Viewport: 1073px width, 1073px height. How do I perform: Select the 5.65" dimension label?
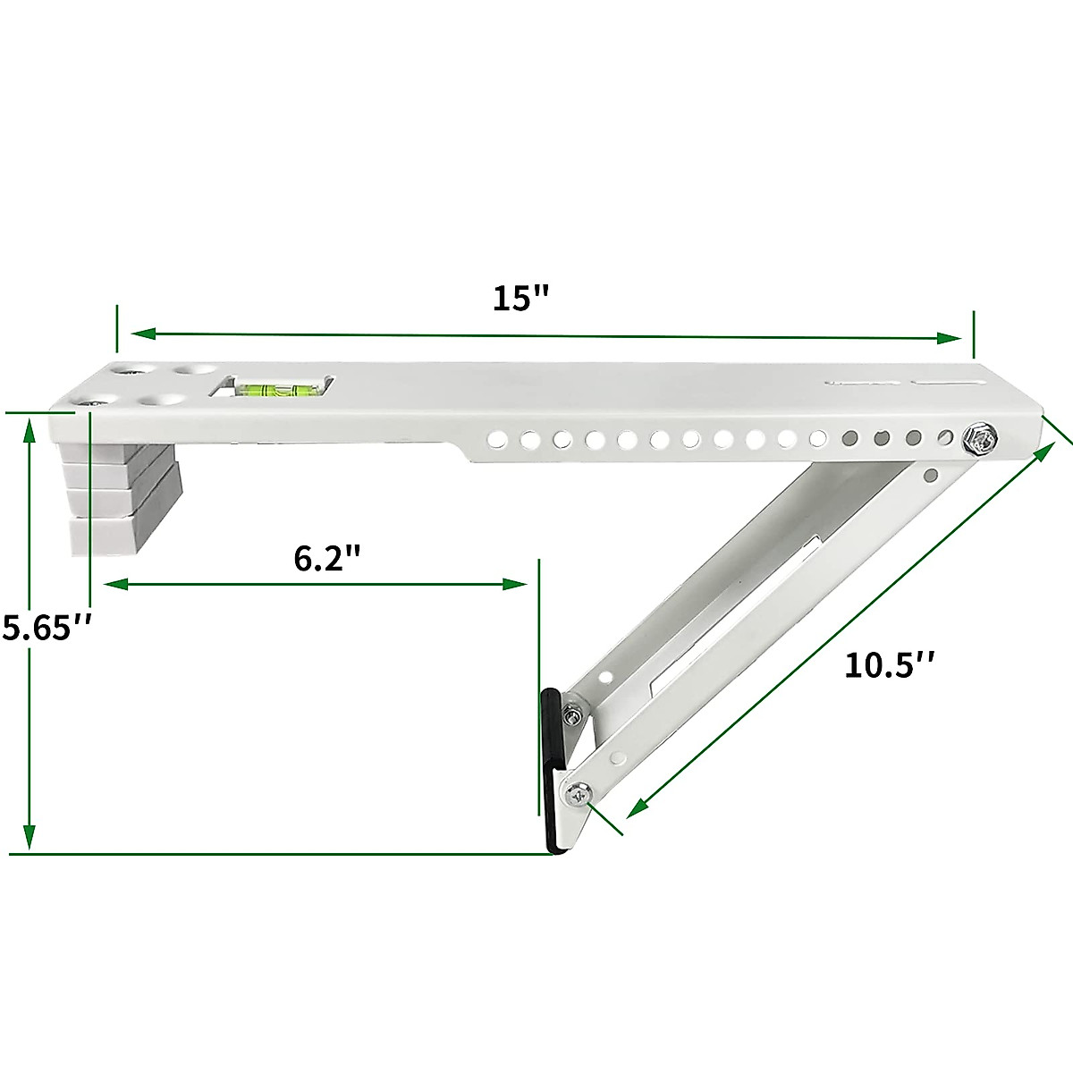point(46,628)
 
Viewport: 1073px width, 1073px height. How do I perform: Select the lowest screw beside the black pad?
point(577,794)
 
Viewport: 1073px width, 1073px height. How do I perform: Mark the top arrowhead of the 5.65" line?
point(30,430)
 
